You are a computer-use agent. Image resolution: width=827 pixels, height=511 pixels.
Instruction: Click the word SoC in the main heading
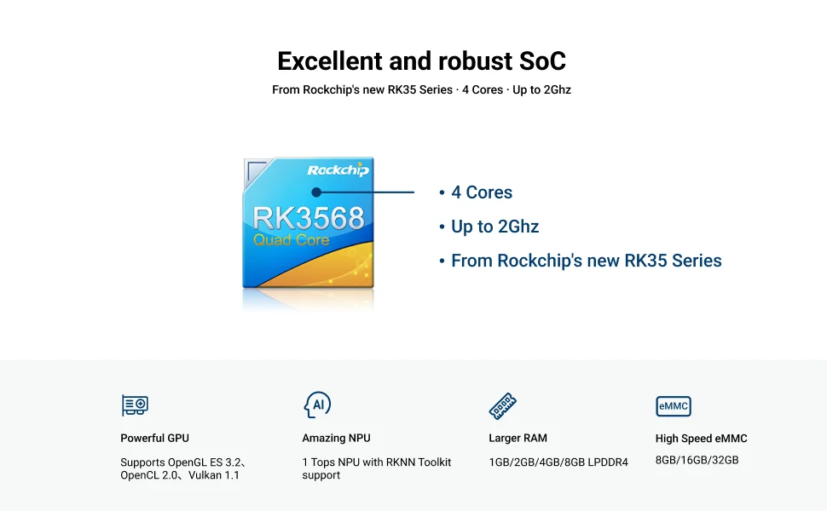(x=542, y=61)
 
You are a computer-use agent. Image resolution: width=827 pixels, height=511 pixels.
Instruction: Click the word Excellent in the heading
(x=330, y=61)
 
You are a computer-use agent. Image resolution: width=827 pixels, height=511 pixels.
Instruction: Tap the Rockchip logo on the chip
(x=338, y=169)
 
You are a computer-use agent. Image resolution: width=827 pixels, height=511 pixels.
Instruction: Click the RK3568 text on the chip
(x=309, y=218)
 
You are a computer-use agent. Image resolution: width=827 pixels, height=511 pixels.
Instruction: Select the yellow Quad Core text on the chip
(x=291, y=240)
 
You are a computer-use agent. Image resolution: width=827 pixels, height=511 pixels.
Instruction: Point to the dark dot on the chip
(x=316, y=192)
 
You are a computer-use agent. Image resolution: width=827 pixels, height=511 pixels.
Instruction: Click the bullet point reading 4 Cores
(x=476, y=192)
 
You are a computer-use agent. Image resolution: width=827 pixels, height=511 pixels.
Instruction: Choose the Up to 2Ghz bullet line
(x=489, y=227)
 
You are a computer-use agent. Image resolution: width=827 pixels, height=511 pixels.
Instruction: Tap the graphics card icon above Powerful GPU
(x=135, y=405)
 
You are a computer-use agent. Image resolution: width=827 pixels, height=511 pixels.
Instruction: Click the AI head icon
(x=317, y=405)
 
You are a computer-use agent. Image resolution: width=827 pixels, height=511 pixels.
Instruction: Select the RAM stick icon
(x=503, y=405)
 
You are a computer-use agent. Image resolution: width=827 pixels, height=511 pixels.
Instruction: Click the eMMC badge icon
(x=674, y=406)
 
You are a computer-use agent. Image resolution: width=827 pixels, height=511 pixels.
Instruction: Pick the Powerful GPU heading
(x=154, y=439)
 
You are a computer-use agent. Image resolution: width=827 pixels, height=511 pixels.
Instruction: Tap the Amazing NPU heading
(x=337, y=439)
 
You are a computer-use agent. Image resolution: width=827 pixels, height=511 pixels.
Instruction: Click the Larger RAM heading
(x=518, y=439)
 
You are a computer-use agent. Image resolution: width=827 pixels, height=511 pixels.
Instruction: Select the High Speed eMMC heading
(x=702, y=439)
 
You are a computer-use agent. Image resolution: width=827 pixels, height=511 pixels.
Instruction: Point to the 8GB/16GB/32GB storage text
(x=697, y=460)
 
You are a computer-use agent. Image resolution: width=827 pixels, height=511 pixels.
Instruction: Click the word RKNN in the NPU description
(x=401, y=462)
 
